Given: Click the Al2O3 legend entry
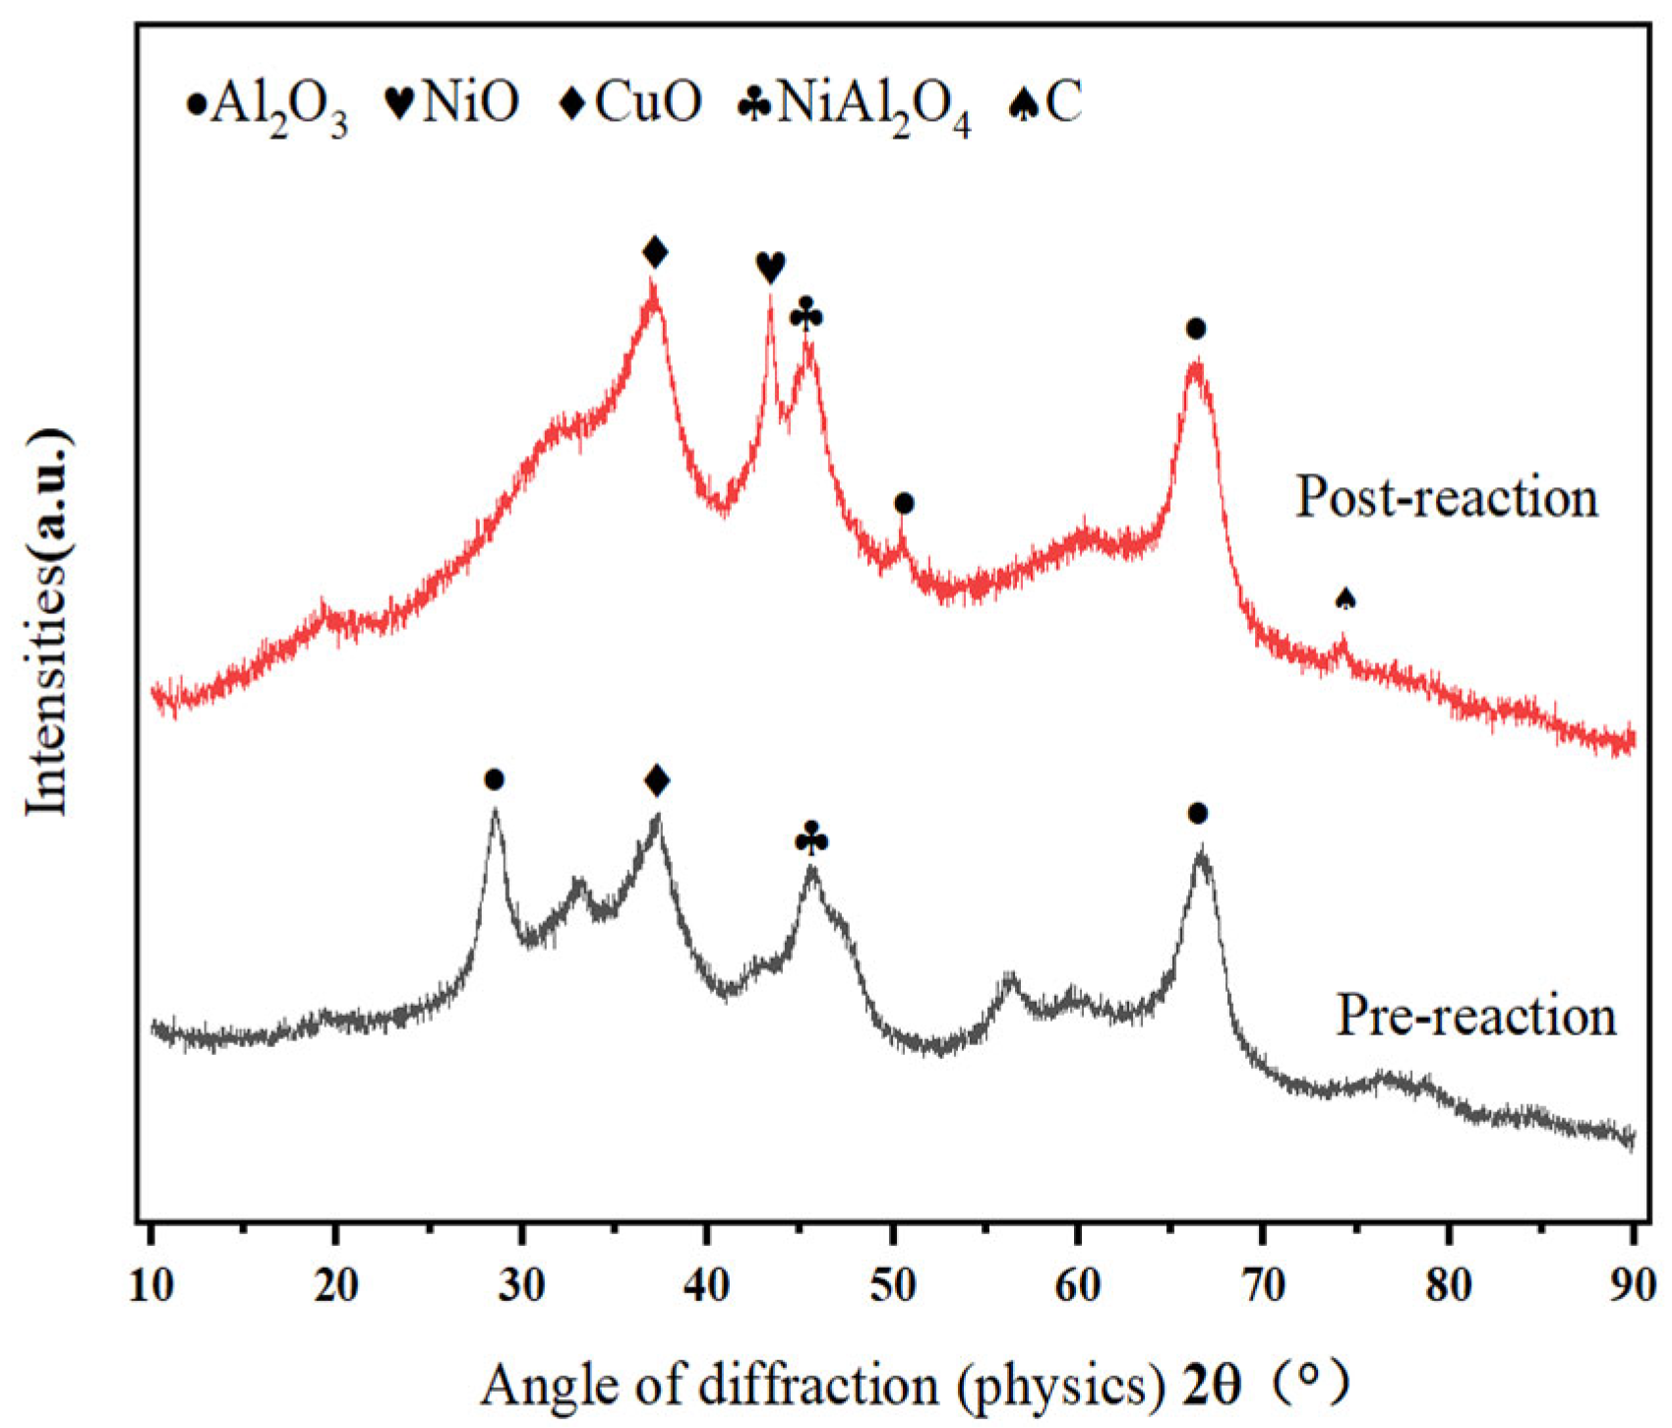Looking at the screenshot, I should tap(266, 103).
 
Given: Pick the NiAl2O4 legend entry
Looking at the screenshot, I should tap(855, 103).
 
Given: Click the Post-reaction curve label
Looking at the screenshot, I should tap(1446, 497).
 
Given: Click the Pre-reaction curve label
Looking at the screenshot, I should tap(1475, 1015).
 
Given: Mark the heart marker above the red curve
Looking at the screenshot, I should tap(770, 267).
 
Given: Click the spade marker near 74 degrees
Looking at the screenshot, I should tap(1345, 597).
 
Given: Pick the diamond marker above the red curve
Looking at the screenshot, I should tap(655, 252).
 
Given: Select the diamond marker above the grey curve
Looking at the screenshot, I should tap(657, 781).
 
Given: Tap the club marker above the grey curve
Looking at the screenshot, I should tap(811, 839).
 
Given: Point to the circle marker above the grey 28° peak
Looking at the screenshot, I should tap(495, 780).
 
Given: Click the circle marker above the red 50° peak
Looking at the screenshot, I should tap(905, 504).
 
